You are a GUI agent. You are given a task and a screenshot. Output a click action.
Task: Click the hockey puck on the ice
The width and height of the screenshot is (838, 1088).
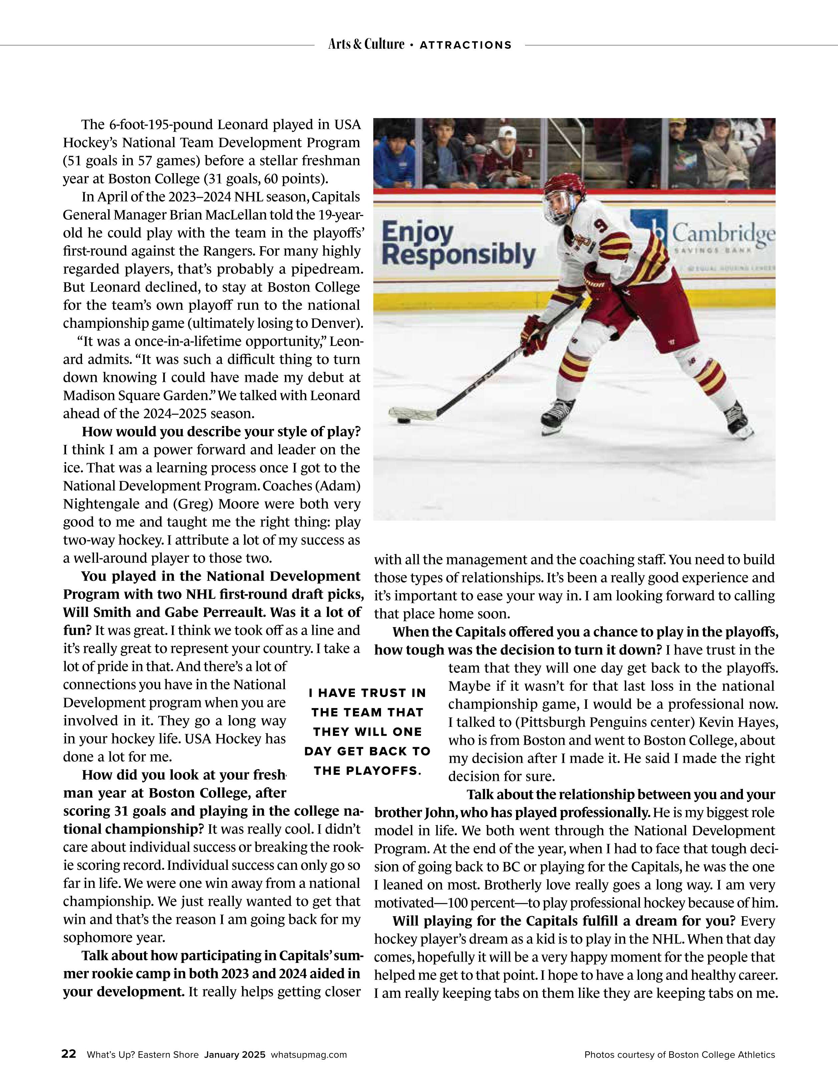coord(402,421)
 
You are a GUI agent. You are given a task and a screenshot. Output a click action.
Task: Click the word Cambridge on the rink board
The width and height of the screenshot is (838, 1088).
coord(724,233)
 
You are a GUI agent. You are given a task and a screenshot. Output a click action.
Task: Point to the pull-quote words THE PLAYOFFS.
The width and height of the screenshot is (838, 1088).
coord(367,771)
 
